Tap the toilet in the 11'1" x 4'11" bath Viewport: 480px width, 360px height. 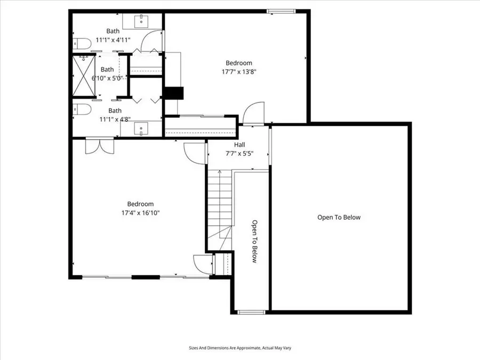(82, 44)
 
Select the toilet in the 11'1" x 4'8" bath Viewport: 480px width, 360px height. (82, 109)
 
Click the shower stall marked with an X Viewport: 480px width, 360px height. (84, 76)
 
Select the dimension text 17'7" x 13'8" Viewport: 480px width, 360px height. (239, 71)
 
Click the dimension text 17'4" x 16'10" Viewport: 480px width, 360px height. (140, 213)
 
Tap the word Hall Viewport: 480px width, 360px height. (239, 145)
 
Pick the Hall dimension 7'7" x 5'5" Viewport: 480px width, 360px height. (239, 154)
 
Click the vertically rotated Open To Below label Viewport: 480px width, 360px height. (254, 241)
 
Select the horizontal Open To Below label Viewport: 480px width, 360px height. (339, 218)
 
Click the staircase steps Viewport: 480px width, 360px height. (220, 210)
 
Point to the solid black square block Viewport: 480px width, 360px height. (174, 93)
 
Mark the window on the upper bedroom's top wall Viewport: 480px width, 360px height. (281, 11)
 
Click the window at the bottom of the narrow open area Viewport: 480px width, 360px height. (251, 312)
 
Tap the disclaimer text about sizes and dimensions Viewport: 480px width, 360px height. (240, 348)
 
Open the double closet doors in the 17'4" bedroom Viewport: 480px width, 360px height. (100, 146)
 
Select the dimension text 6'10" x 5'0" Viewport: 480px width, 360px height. (107, 78)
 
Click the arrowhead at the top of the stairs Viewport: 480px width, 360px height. (220, 172)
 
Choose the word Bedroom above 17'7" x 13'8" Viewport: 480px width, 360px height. (239, 63)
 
